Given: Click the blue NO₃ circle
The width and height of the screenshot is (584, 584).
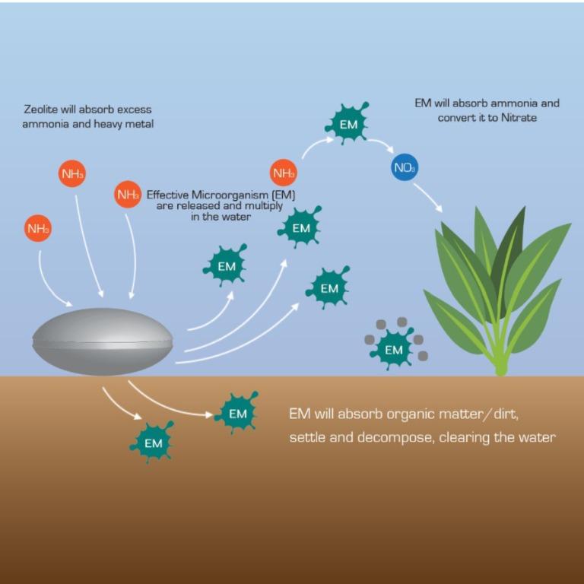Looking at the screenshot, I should point(405,167).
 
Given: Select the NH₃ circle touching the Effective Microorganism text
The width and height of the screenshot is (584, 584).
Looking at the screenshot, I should point(127,195).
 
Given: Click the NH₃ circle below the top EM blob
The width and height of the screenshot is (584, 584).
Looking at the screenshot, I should point(283,173).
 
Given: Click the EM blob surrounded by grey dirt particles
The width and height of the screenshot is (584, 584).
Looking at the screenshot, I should point(393,350).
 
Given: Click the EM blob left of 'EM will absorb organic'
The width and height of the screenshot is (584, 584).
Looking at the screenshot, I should point(237,413).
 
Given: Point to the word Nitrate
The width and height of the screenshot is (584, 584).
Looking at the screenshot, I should point(519,118).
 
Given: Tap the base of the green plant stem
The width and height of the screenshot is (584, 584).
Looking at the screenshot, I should point(500,370).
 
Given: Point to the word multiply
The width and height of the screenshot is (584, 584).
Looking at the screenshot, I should point(262,205).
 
